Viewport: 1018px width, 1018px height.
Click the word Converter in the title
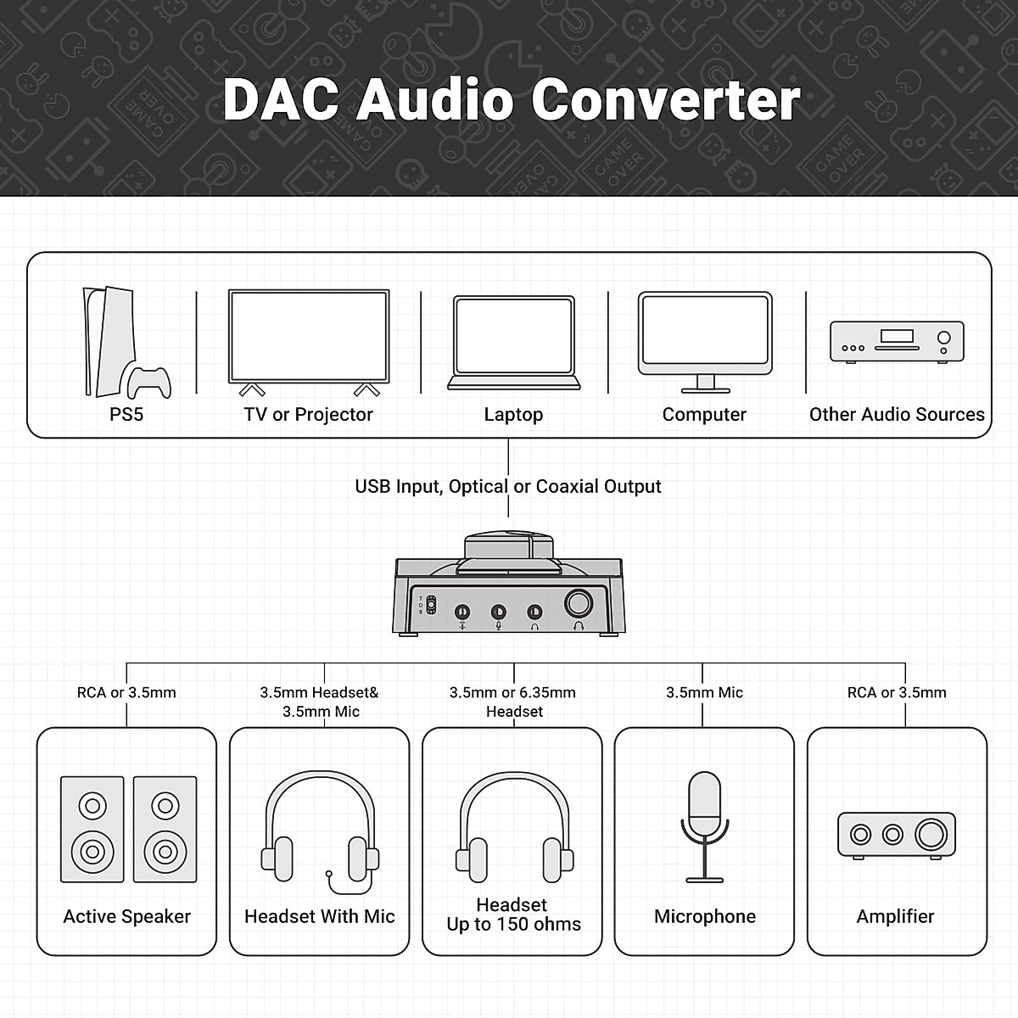(x=666, y=100)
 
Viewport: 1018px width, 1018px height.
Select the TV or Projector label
(x=308, y=415)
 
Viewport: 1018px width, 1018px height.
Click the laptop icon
(x=513, y=343)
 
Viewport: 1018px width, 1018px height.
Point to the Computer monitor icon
(x=704, y=339)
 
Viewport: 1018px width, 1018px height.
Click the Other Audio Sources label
(x=897, y=415)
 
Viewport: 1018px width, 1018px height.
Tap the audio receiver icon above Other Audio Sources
(x=897, y=342)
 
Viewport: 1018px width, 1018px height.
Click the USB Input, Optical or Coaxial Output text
(x=507, y=487)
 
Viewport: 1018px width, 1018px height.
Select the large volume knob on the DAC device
(x=580, y=604)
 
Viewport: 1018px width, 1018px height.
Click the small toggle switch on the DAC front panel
(x=431, y=607)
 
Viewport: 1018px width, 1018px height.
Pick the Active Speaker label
(x=127, y=917)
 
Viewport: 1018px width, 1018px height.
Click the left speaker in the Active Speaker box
(x=92, y=830)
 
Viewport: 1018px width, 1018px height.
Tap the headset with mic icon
(x=320, y=831)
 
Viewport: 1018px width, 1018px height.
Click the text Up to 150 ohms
(x=513, y=925)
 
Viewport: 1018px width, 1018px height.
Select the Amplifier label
(x=895, y=917)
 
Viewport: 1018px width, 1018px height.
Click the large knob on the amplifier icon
(x=931, y=835)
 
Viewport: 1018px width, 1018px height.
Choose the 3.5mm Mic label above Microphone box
(x=704, y=693)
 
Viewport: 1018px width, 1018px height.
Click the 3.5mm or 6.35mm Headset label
(x=512, y=702)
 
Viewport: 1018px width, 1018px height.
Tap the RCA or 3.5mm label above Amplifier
(x=897, y=693)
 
